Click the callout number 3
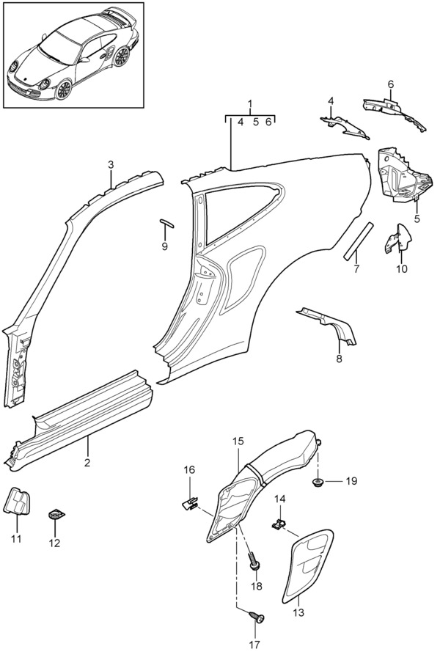pyautogui.click(x=110, y=164)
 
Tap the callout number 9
pyautogui.click(x=165, y=246)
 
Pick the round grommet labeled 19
pyautogui.click(x=319, y=482)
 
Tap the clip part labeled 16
pyautogui.click(x=190, y=502)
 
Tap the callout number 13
pyautogui.click(x=299, y=611)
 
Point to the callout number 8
pyautogui.click(x=339, y=359)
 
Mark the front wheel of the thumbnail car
pyautogui.click(x=65, y=89)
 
